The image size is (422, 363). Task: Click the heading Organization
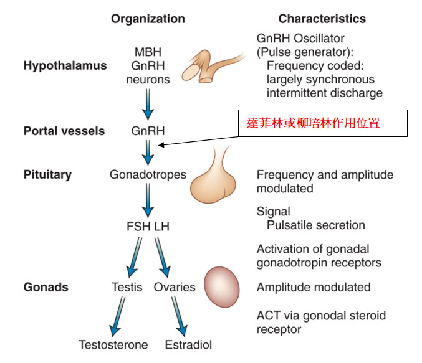[x=148, y=19]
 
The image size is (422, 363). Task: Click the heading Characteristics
[x=322, y=19]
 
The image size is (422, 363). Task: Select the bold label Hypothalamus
[x=65, y=65]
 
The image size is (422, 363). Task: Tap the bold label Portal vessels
[x=64, y=131]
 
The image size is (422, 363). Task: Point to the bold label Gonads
[x=46, y=287]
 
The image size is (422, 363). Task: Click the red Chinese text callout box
[x=322, y=123]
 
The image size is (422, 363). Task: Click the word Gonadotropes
[x=148, y=174]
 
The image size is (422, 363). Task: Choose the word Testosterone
[x=113, y=344]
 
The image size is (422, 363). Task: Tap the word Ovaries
[x=174, y=287]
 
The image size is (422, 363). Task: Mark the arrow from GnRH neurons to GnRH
[x=148, y=104]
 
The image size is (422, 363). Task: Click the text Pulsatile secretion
[x=315, y=225]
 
